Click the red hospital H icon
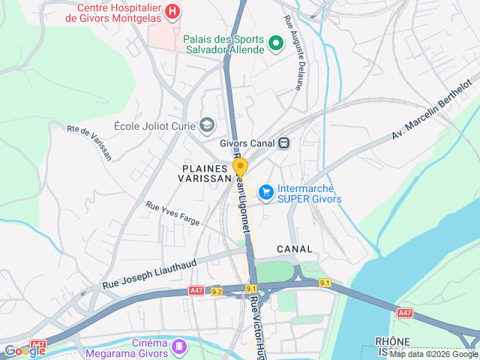coord(173,11)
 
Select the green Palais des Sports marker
coord(275,44)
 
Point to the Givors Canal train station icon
coord(283,142)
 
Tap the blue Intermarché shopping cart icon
coord(265,193)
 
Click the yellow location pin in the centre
coord(240,166)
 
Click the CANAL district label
coord(294,248)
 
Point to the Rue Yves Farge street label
coord(173,214)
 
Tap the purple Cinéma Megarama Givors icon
coord(179,346)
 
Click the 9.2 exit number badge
coord(217,291)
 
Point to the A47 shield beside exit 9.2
coord(196,291)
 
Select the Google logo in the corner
coord(25,350)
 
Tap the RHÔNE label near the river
coord(394,341)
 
